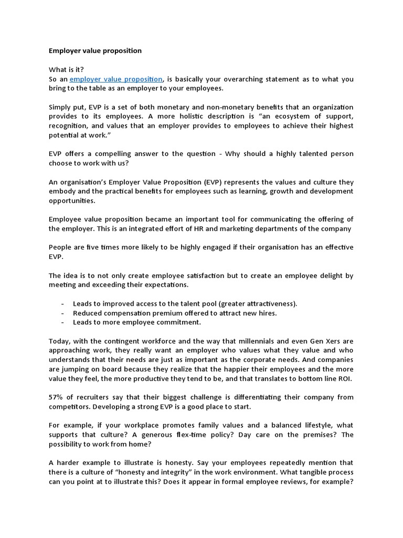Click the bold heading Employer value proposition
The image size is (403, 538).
95,51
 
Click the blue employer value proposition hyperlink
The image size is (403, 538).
116,79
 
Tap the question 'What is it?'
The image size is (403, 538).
66,70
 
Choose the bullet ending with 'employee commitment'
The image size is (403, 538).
136,322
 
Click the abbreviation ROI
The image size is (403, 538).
345,378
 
